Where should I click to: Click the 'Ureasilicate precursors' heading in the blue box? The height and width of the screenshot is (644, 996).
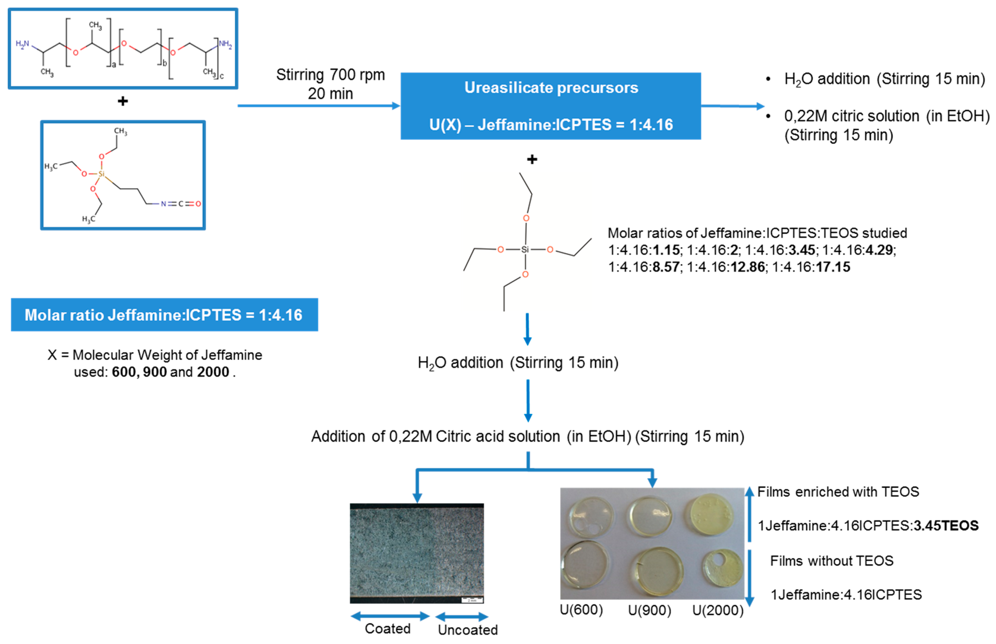pos(551,88)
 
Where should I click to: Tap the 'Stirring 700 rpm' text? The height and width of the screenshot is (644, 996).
pos(330,75)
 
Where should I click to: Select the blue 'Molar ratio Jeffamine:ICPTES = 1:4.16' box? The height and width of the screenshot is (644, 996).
pos(164,315)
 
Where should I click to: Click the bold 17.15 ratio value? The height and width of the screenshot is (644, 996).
pos(833,267)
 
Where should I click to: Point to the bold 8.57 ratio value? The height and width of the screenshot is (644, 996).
pos(666,267)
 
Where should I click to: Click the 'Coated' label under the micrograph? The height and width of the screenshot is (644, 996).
pos(388,628)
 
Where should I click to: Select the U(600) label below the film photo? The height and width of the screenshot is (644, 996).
pos(581,610)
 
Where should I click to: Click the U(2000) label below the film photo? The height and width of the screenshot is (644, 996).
pos(718,610)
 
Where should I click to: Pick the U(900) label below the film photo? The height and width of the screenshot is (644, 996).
pos(649,610)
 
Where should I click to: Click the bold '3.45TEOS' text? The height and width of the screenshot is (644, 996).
pos(946,526)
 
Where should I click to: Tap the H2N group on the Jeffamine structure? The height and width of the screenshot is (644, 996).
pos(22,44)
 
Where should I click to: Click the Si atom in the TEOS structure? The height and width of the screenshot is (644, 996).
pos(525,250)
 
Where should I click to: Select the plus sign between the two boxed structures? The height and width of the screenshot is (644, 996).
pos(122,101)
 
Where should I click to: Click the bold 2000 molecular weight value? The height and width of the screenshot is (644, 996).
pos(213,372)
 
